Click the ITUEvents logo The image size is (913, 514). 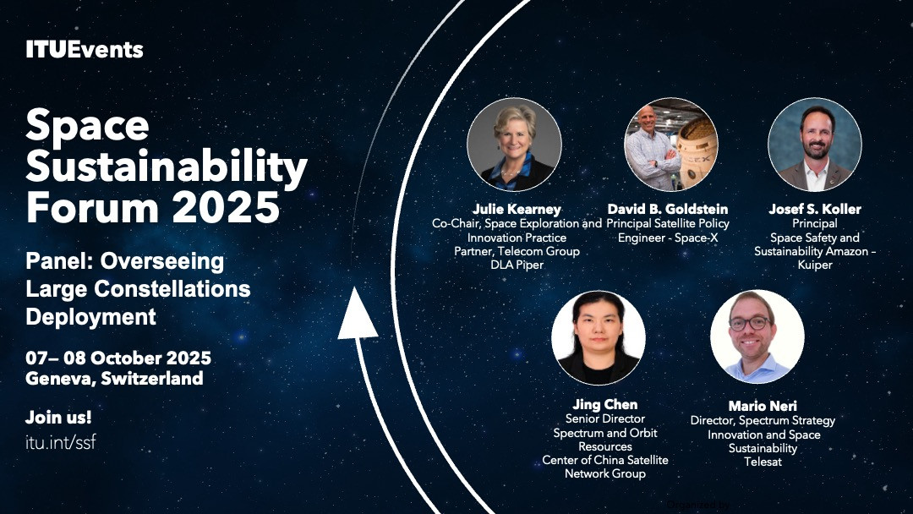(x=85, y=50)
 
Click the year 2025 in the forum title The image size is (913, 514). (x=226, y=207)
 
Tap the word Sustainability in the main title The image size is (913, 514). (x=167, y=167)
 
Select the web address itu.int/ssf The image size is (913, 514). (x=61, y=442)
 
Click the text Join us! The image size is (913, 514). (x=58, y=417)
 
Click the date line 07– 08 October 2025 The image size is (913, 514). (x=118, y=358)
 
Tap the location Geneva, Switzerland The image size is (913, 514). (x=114, y=379)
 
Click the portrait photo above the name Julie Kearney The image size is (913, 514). (x=514, y=145)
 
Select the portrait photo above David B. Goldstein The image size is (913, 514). (x=670, y=145)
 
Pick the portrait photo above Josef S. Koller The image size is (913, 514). (x=815, y=145)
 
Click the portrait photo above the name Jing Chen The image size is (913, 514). (x=598, y=337)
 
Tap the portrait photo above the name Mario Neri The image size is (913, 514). (x=757, y=336)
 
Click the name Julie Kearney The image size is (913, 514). (x=517, y=209)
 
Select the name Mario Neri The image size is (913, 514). (x=763, y=406)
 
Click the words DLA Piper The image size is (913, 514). (x=517, y=265)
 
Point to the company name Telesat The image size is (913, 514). (x=763, y=462)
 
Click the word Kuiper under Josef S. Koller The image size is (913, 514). (x=815, y=265)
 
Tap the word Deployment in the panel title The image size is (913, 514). (x=90, y=317)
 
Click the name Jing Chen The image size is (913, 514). (x=605, y=405)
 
